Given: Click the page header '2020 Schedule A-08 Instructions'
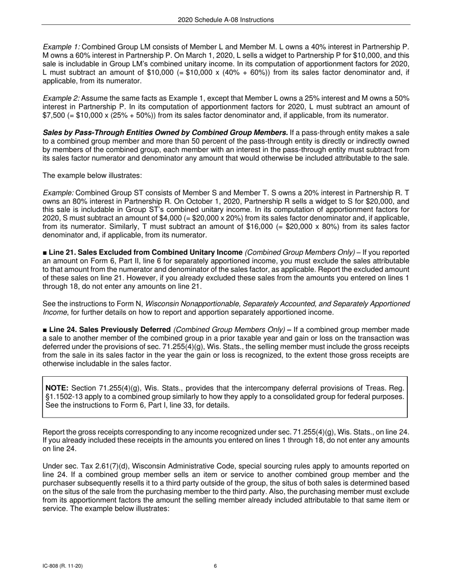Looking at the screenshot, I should [226, 19].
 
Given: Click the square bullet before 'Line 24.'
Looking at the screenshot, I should [45, 330].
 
